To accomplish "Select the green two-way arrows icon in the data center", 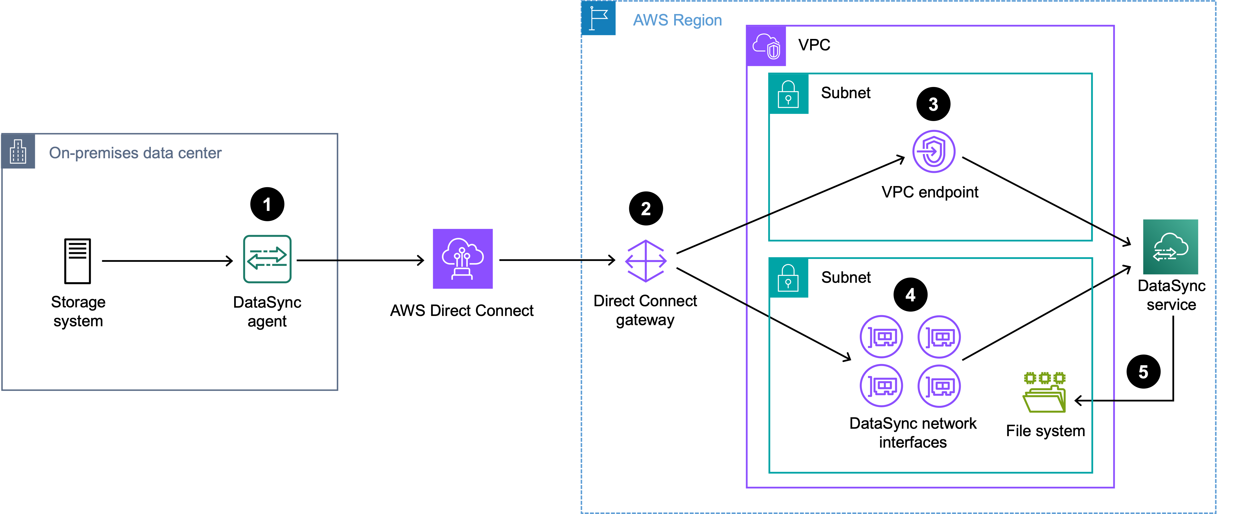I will (267, 259).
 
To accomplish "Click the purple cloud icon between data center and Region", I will (463, 258).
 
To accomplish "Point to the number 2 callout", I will (646, 209).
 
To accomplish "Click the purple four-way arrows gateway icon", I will (646, 261).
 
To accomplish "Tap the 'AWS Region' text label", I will (677, 20).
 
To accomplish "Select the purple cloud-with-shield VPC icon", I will (766, 46).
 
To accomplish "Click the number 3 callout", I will (933, 104).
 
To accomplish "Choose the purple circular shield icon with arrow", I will (933, 151).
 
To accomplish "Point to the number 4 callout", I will (910, 295).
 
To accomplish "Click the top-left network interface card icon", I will (881, 337).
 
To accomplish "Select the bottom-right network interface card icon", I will (939, 386).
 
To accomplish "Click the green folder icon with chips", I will (1044, 392).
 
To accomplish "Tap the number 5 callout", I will (1143, 372).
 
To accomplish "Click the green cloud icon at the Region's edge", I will (1170, 247).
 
